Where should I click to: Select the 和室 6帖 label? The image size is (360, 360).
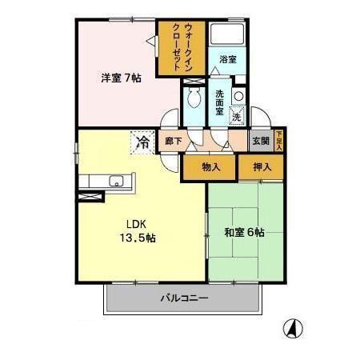click(244, 233)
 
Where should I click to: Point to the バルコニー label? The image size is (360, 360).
click(183, 299)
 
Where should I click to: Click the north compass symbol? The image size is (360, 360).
click(293, 328)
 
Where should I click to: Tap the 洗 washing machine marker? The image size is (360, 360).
click(236, 117)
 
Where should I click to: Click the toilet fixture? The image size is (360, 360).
click(194, 98)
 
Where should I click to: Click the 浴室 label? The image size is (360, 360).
click(228, 59)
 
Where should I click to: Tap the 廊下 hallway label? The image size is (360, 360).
click(173, 142)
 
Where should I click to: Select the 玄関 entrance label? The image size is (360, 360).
click(261, 142)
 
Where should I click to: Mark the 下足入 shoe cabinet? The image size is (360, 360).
click(278, 141)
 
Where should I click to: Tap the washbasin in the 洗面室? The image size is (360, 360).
click(238, 97)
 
